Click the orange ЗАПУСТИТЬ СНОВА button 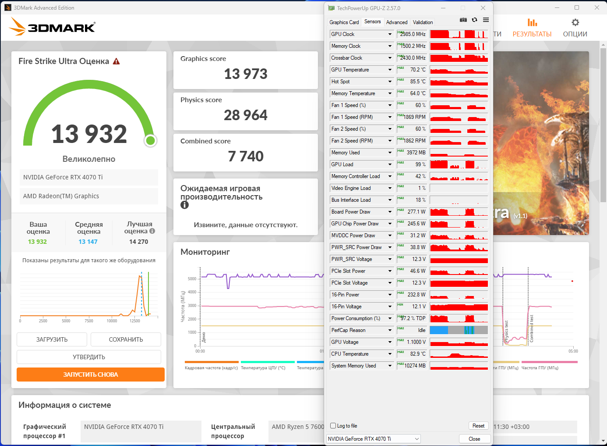(91, 375)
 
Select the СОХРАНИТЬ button (126, 339)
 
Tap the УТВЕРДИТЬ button (89, 357)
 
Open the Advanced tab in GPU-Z (397, 22)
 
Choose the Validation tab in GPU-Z (423, 22)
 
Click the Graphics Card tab (344, 22)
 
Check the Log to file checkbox (333, 426)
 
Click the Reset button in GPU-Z (478, 426)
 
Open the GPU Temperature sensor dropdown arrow (390, 70)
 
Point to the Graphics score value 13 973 (246, 74)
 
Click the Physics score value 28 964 (246, 115)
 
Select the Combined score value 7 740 (246, 157)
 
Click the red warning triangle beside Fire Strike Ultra (116, 61)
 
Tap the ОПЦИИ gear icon (575, 23)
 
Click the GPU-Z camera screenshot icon (463, 20)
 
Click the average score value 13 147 (88, 242)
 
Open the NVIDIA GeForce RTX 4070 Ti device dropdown (374, 439)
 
